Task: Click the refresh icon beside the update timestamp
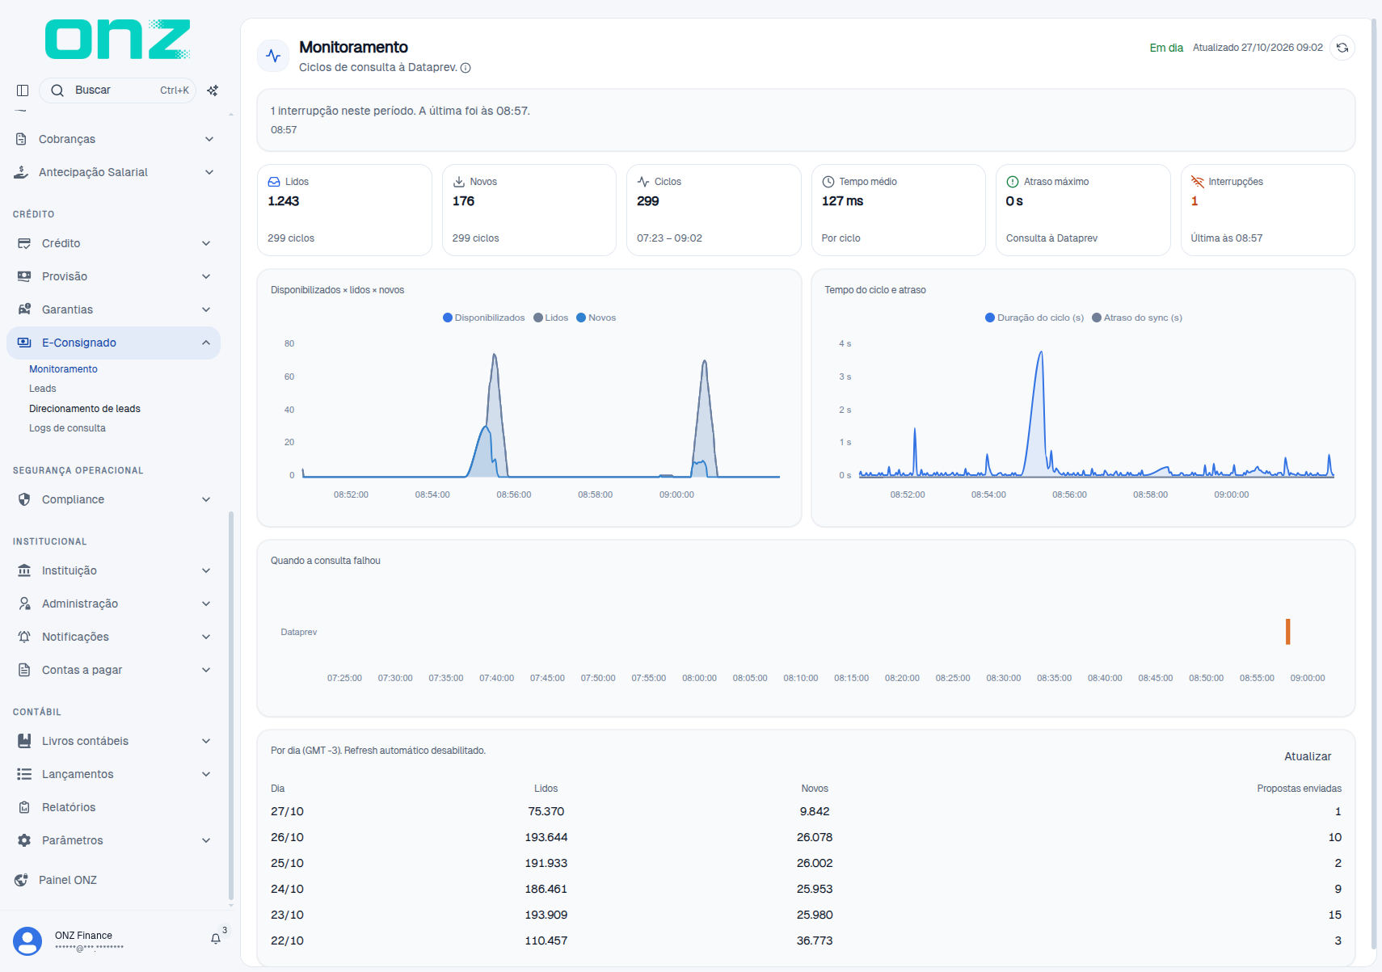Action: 1342,48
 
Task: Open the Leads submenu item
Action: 43,389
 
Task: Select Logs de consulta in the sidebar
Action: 67,428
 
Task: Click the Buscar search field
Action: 117,90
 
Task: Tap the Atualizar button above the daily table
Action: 1308,756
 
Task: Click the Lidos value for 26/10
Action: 546,837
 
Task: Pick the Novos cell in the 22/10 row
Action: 815,940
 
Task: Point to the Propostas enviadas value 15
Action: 1334,915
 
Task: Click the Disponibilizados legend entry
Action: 483,318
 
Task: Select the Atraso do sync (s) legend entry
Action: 1137,318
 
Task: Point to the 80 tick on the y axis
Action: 289,343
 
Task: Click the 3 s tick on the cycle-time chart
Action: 845,377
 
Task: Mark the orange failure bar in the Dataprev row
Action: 1287,632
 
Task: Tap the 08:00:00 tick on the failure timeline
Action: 699,678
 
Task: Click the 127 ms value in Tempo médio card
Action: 842,201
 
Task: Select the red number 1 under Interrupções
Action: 1195,201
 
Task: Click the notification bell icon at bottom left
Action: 215,939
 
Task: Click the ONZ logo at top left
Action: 117,39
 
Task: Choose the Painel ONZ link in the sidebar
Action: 68,880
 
